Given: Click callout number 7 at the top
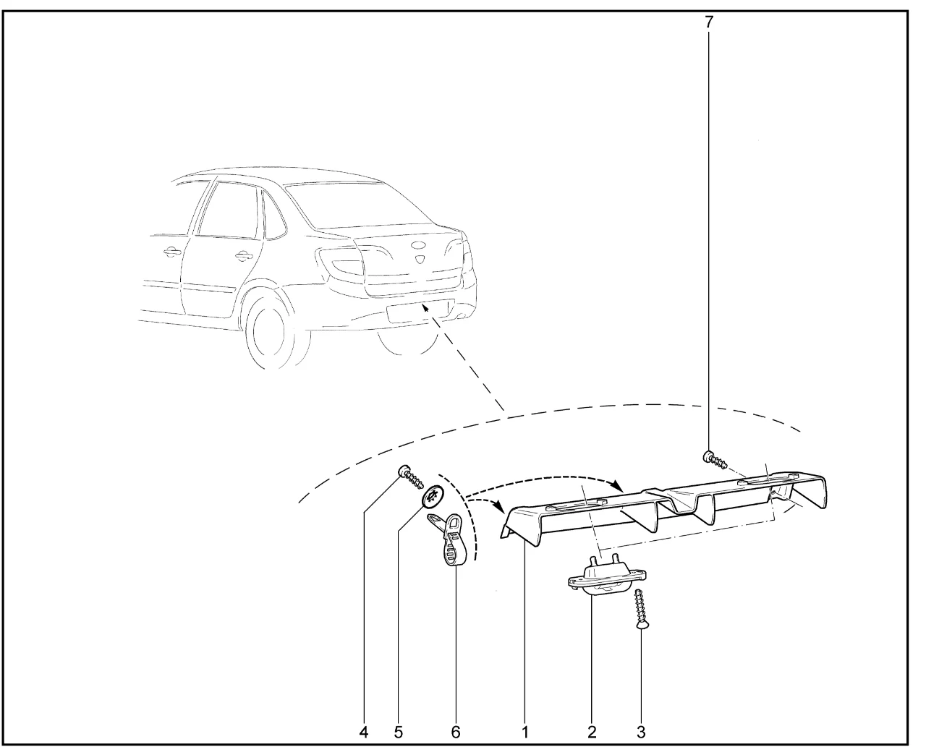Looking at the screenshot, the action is click(x=709, y=22).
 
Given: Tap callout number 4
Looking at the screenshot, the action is click(x=364, y=733).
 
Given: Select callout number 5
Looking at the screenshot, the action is click(x=398, y=733).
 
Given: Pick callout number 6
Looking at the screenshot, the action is click(x=455, y=733).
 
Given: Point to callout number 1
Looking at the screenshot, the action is click(x=525, y=733).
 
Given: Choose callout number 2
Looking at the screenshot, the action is click(x=592, y=733).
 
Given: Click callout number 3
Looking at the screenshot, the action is click(x=641, y=733).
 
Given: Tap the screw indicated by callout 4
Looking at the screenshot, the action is click(x=410, y=477).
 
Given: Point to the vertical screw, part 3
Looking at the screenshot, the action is click(x=640, y=608).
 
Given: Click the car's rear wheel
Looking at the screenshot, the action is click(x=279, y=330).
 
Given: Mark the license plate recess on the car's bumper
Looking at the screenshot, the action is click(x=420, y=311).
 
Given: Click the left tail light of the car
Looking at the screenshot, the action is click(x=341, y=262).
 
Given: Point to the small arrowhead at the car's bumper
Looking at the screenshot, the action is click(x=425, y=308).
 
